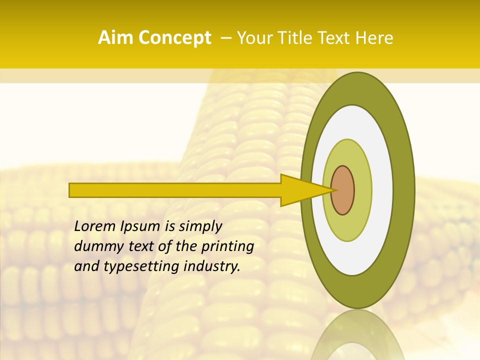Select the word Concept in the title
pos(174,38)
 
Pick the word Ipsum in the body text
pos(139,226)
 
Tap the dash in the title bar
pos(225,38)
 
